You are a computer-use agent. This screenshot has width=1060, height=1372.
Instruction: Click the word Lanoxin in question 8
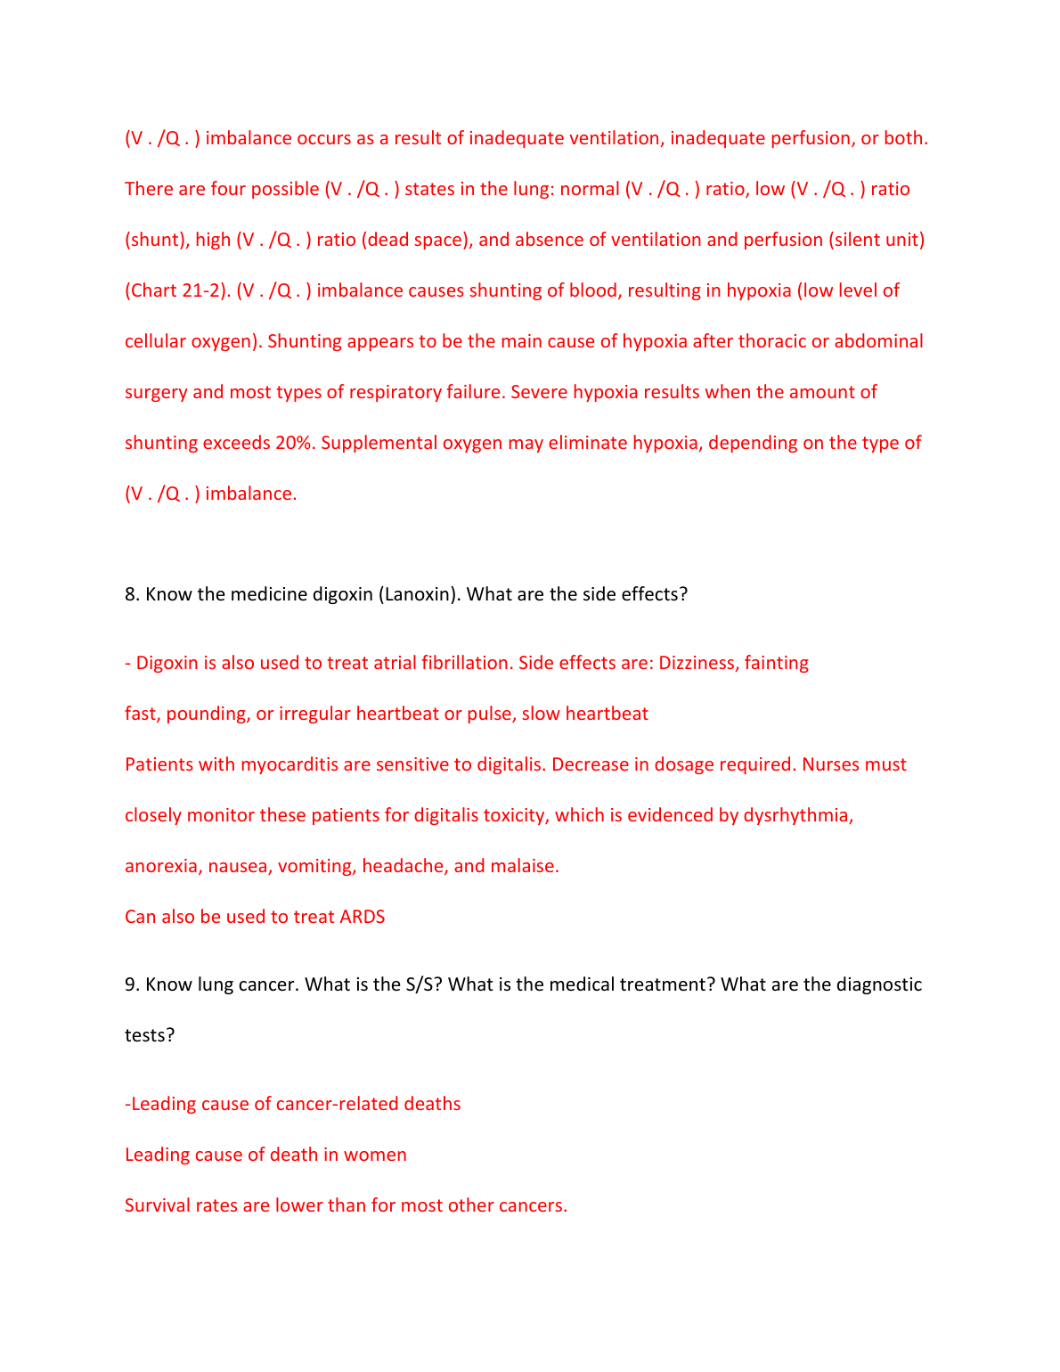click(419, 594)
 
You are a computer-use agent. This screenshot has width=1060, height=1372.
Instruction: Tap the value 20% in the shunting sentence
click(295, 443)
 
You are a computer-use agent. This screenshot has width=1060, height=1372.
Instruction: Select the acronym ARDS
click(363, 917)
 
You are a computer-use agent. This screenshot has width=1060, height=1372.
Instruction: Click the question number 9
click(132, 984)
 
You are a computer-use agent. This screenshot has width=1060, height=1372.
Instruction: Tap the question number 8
click(132, 594)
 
